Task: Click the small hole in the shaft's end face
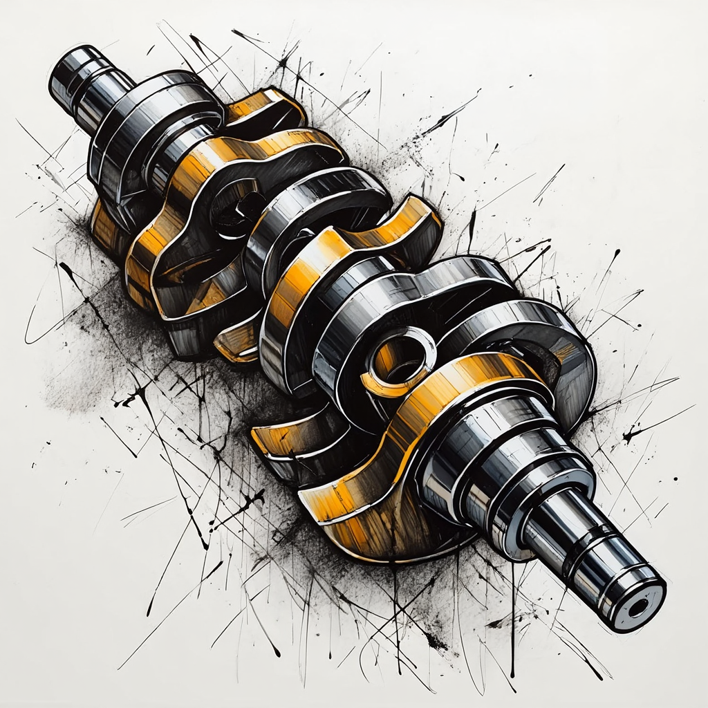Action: (x=637, y=607)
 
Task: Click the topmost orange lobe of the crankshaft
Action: (x=266, y=104)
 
